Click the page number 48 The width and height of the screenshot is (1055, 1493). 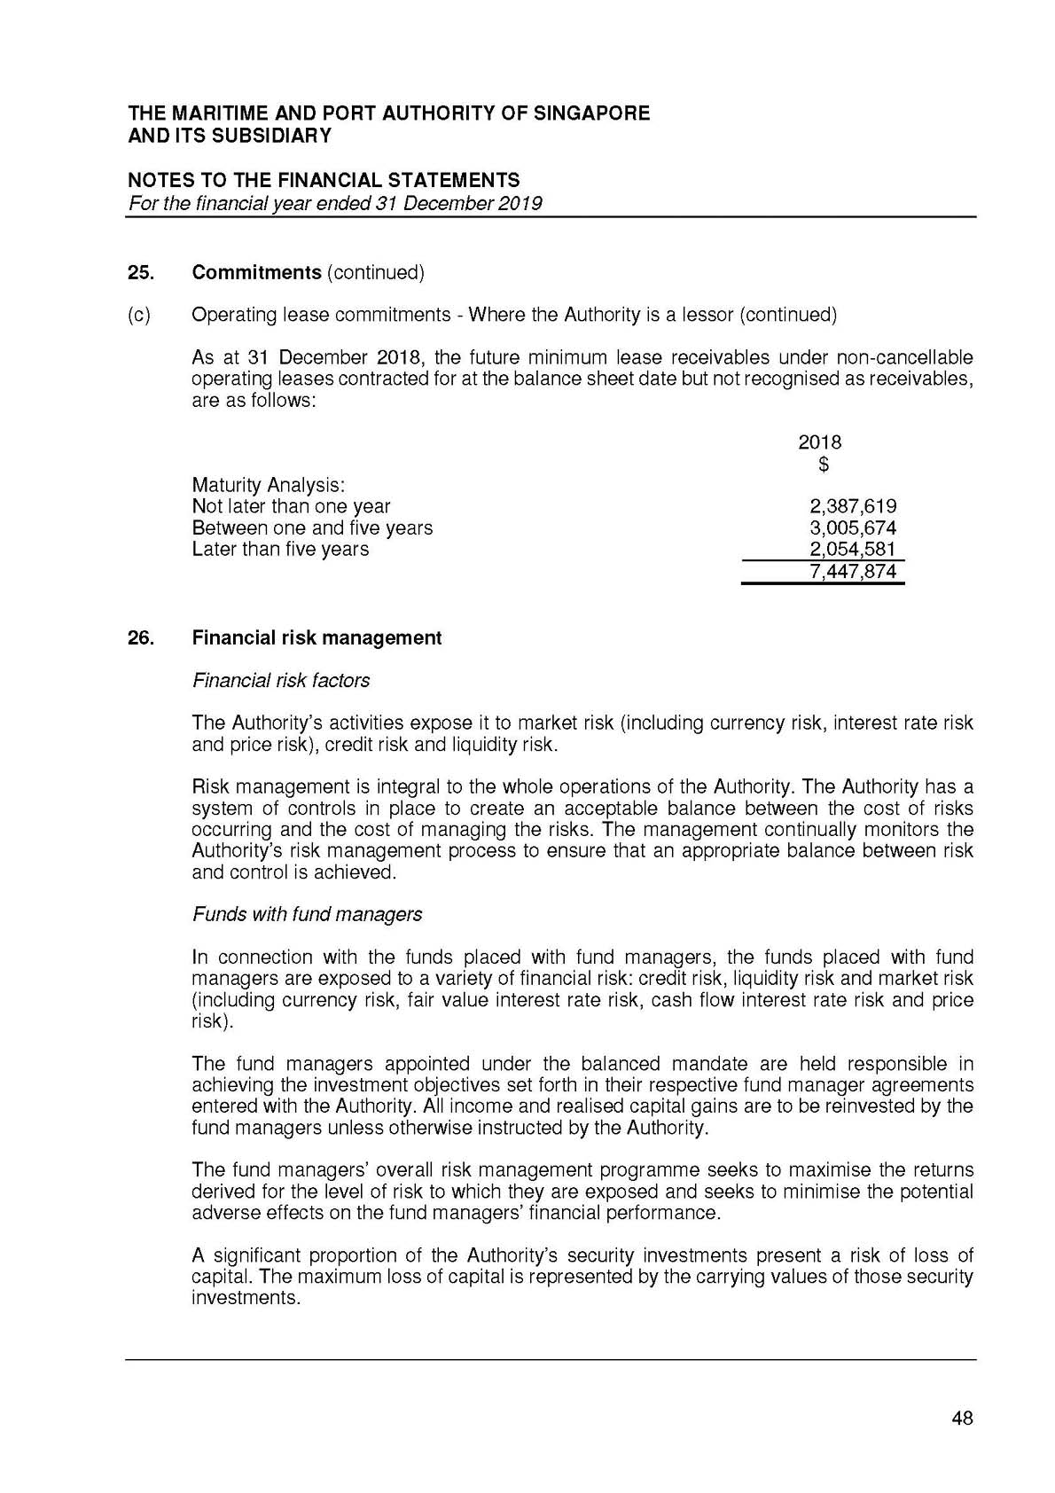point(962,1418)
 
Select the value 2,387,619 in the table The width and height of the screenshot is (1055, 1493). point(853,506)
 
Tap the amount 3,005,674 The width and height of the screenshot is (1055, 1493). point(853,528)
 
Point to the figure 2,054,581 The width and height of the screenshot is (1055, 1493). point(853,549)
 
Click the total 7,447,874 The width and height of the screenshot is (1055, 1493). point(853,571)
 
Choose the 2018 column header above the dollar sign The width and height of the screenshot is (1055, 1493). point(820,442)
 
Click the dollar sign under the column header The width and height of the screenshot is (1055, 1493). point(824,464)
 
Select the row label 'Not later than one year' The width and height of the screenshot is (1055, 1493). point(291,506)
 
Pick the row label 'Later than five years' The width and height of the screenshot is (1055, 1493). point(280,549)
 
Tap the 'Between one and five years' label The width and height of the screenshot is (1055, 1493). point(312,528)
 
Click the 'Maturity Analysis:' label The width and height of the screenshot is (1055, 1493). point(268,485)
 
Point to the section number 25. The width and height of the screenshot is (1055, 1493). point(140,272)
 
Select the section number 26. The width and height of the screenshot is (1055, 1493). point(140,638)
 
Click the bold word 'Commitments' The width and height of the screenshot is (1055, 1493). point(256,272)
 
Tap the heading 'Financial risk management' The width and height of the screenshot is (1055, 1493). point(316,638)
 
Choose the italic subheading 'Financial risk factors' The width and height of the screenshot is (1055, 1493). point(280,681)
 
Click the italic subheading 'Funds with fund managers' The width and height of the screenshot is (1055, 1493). point(307,914)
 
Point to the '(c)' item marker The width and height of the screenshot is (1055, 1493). point(139,315)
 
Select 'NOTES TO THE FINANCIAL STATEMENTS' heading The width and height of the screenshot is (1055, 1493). point(324,181)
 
